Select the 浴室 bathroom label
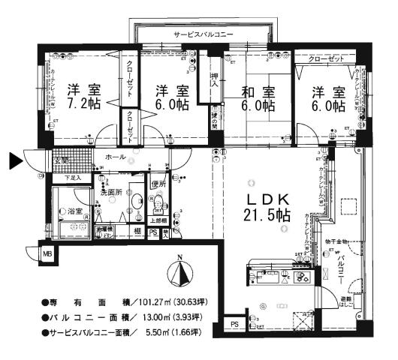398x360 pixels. (x=76, y=212)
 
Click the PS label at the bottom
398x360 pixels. (x=235, y=324)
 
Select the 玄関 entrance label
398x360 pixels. (x=60, y=160)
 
